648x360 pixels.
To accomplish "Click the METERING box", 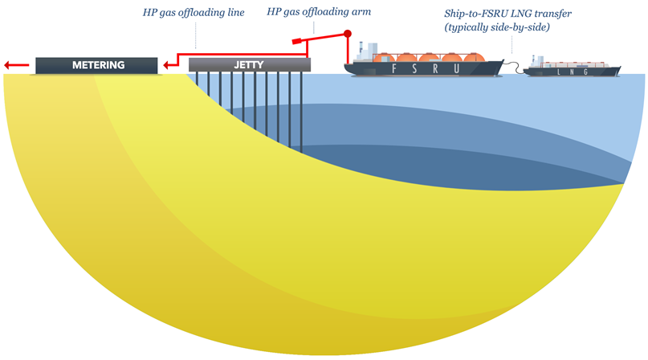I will tap(96, 65).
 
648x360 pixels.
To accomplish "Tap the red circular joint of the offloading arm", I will tap(348, 35).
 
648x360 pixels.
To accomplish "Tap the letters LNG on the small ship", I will tap(573, 72).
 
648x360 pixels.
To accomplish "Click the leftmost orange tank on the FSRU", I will tap(387, 58).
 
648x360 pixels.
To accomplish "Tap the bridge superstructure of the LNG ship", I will tap(537, 63).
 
